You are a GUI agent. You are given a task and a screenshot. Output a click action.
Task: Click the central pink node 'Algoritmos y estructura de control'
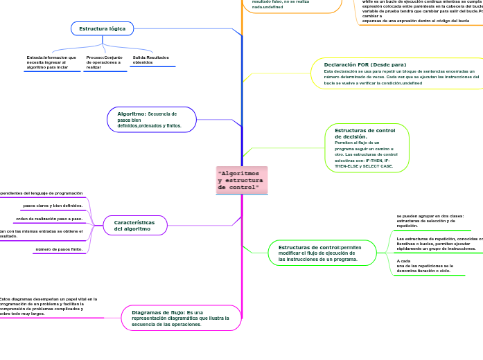tap(241, 180)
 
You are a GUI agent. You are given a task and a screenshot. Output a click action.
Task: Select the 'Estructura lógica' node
tap(102, 28)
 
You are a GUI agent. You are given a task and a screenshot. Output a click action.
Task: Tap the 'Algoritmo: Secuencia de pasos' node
tap(151, 120)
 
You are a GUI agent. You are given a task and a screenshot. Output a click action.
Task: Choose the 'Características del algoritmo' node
tap(135, 225)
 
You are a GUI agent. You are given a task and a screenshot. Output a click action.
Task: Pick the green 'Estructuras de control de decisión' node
tap(367, 148)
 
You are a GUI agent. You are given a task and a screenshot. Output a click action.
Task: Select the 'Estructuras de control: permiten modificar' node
tap(322, 253)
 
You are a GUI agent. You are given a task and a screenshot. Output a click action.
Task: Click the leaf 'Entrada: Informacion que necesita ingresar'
tap(51, 62)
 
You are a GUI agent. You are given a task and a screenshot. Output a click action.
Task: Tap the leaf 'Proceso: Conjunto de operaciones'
tap(104, 62)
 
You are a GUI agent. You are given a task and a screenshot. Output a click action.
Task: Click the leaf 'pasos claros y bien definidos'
tap(53, 206)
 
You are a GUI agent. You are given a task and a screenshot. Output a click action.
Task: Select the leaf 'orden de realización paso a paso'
tap(49, 219)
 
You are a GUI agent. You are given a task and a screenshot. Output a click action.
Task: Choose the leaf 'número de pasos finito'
tap(59, 249)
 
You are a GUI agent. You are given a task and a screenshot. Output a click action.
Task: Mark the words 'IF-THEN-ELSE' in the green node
tap(344, 166)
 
